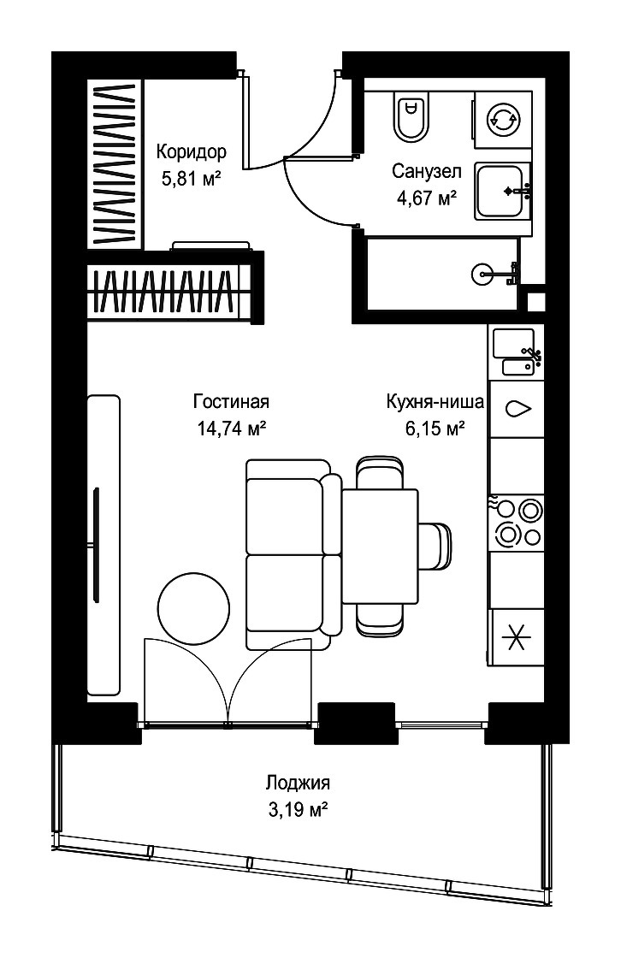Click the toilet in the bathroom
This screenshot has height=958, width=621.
coord(410,115)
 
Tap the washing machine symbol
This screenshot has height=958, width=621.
coord(502,120)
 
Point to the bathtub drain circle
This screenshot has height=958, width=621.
coord(482,273)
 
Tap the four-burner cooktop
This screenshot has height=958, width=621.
coord(517,523)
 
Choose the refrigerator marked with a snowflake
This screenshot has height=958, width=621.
coord(517,638)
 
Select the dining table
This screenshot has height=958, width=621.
coord(380,546)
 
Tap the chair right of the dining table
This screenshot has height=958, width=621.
coord(435,546)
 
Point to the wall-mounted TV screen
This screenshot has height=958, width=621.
coord(96,544)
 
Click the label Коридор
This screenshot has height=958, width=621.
coord(192,151)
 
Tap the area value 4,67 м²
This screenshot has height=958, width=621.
coord(427,198)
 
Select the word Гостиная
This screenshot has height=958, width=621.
coord(231,401)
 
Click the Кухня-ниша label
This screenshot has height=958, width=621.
coord(435,401)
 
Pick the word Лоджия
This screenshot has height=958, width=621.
coord(299,783)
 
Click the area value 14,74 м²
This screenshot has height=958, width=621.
coord(231,429)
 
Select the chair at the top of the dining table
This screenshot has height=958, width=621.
coord(380,472)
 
